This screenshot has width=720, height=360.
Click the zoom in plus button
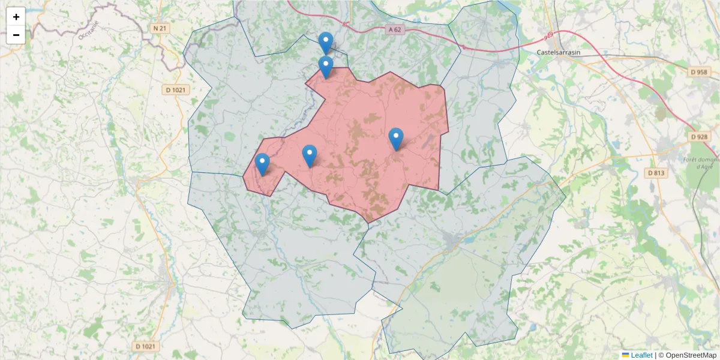click(16, 17)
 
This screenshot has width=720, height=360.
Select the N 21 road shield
click(159, 28)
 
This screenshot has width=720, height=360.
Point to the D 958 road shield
click(699, 71)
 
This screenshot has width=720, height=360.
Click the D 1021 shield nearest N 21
click(176, 90)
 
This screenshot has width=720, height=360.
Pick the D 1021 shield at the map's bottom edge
click(145, 346)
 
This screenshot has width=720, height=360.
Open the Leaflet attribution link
click(641, 355)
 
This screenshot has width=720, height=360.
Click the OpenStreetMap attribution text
click(691, 355)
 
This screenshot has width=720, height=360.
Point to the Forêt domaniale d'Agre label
click(701, 163)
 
